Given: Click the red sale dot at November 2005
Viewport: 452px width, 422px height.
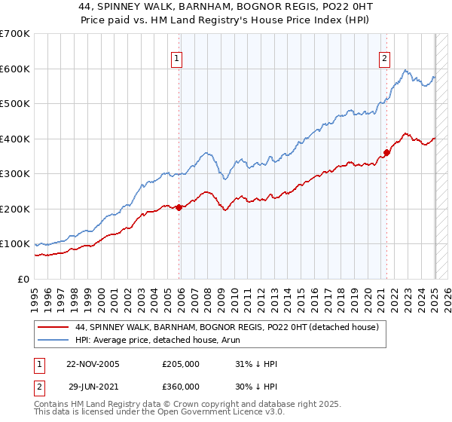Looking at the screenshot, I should [x=179, y=207].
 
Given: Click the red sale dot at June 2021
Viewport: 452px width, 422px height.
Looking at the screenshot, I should [x=386, y=153].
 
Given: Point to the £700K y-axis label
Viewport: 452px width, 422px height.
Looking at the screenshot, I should [x=15, y=34].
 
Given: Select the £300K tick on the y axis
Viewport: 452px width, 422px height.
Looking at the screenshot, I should [x=15, y=174].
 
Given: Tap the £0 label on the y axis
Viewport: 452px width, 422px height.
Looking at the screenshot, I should [x=24, y=279].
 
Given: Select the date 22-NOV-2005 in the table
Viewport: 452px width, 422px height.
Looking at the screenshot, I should [x=93, y=364].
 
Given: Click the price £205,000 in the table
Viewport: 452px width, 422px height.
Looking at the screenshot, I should [x=181, y=364].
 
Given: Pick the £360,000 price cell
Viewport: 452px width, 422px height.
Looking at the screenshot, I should [x=181, y=386].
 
